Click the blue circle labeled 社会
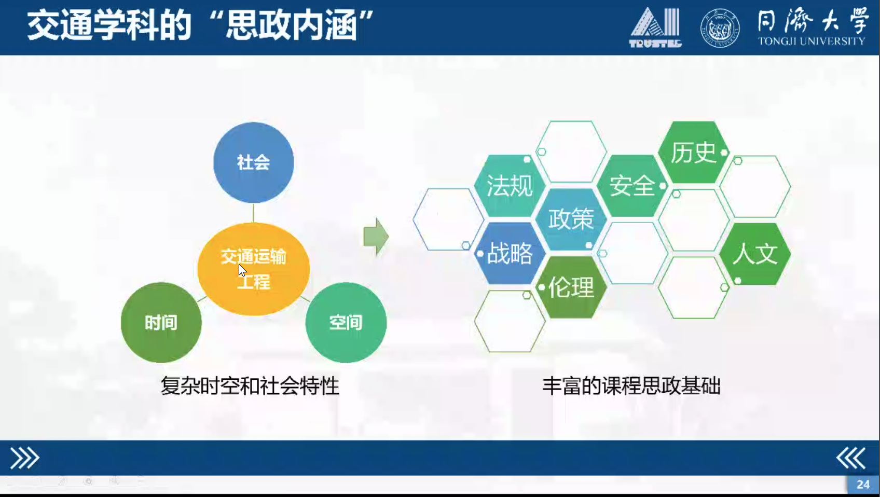[253, 162]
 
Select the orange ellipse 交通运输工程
[253, 269]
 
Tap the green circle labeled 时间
[161, 322]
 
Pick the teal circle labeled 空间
[346, 322]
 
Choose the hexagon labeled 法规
[510, 185]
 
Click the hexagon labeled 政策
[571, 219]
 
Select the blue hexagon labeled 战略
[510, 253]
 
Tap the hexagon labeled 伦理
[571, 287]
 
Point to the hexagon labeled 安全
[632, 185]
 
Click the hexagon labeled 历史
[693, 152]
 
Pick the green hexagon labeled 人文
[755, 254]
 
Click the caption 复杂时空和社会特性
[250, 386]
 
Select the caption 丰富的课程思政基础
[631, 386]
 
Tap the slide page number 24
[863, 485]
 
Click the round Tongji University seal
[720, 28]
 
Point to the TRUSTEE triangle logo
[655, 27]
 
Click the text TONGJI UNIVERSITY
[812, 42]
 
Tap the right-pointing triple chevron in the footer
[25, 458]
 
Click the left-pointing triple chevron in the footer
[851, 458]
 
